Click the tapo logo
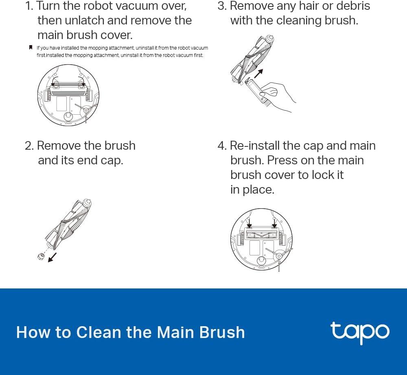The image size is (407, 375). (x=360, y=333)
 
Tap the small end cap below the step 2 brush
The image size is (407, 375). (x=41, y=257)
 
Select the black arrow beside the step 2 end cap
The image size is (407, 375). (x=52, y=257)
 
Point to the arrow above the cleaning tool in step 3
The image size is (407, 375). (x=258, y=73)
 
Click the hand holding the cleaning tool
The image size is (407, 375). (x=276, y=96)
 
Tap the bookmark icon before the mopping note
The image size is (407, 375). (x=31, y=48)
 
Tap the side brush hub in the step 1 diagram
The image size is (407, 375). (x=85, y=111)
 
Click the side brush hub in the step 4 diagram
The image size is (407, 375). (x=279, y=256)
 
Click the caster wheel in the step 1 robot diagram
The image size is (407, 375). (x=68, y=116)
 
